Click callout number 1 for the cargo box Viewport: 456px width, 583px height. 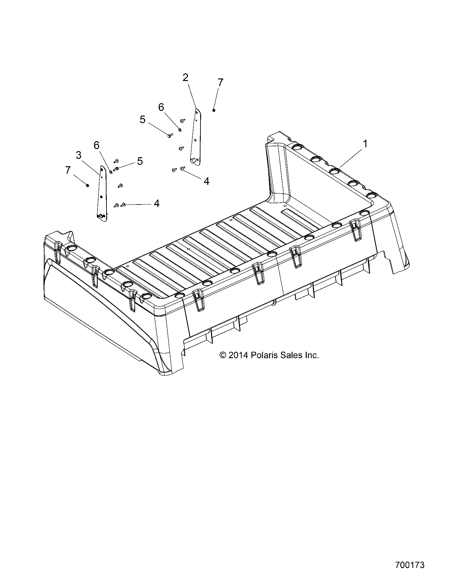tap(365, 143)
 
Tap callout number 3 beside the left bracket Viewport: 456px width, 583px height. tap(79, 155)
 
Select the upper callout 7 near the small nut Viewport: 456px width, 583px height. tap(220, 82)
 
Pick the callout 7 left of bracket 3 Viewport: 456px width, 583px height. tap(68, 170)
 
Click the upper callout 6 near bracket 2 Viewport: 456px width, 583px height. tap(161, 107)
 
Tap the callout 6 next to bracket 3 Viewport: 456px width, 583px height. tap(97, 145)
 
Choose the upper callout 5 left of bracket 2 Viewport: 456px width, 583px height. tap(143, 120)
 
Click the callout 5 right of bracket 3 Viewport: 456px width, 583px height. tap(140, 161)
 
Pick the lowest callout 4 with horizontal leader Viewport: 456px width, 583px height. tap(156, 203)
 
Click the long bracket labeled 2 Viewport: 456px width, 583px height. tap(195, 138)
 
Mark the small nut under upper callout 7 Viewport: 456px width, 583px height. tap(214, 110)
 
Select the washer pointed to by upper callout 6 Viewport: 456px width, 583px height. tap(180, 130)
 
